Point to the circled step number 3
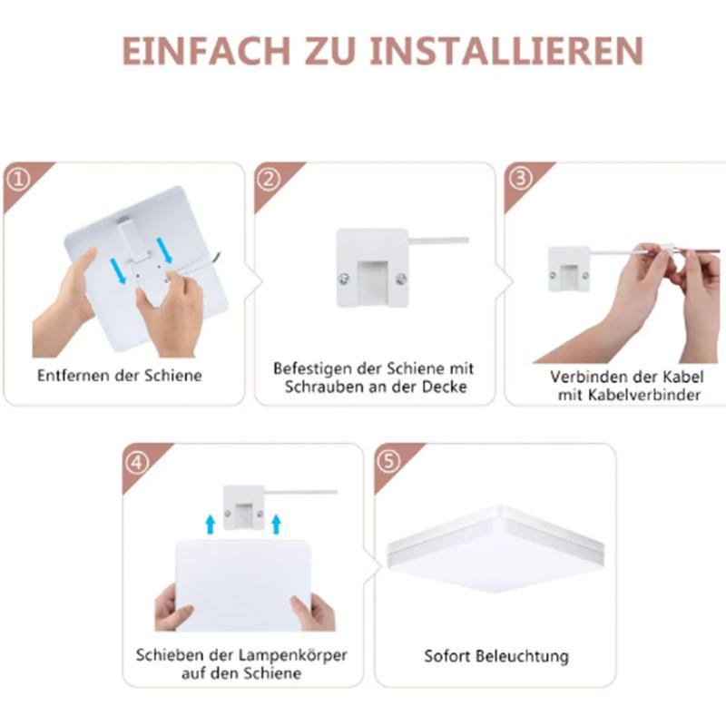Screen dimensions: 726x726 click(x=520, y=179)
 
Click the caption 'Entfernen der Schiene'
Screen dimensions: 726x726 click(x=119, y=375)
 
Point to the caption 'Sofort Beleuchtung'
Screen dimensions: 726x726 click(x=495, y=655)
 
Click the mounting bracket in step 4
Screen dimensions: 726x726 click(x=243, y=506)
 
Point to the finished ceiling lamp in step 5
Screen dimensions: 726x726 click(x=495, y=549)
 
